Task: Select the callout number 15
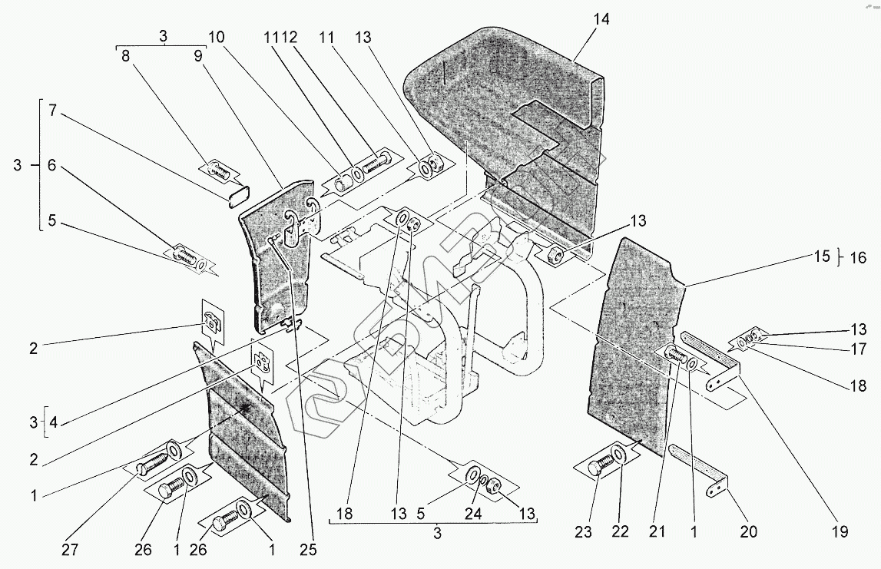(821, 257)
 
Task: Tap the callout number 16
(857, 258)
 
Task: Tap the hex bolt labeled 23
(599, 466)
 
